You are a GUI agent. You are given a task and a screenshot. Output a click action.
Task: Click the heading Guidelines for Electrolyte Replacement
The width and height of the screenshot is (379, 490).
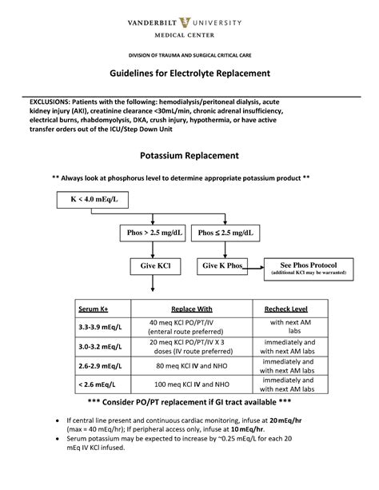pyautogui.click(x=189, y=73)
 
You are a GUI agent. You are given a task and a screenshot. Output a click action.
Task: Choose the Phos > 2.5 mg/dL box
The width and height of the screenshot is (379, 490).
pyautogui.click(x=155, y=233)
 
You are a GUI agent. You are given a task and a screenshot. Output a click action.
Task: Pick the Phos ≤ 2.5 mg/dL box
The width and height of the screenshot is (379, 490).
pyautogui.click(x=226, y=233)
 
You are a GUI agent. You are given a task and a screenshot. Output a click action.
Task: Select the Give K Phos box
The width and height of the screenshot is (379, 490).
pyautogui.click(x=221, y=265)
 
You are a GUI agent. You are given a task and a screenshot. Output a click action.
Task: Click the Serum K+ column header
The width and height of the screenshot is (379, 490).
pyautogui.click(x=93, y=309)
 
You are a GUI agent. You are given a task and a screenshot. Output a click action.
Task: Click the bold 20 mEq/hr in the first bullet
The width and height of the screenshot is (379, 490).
pyautogui.click(x=285, y=420)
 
